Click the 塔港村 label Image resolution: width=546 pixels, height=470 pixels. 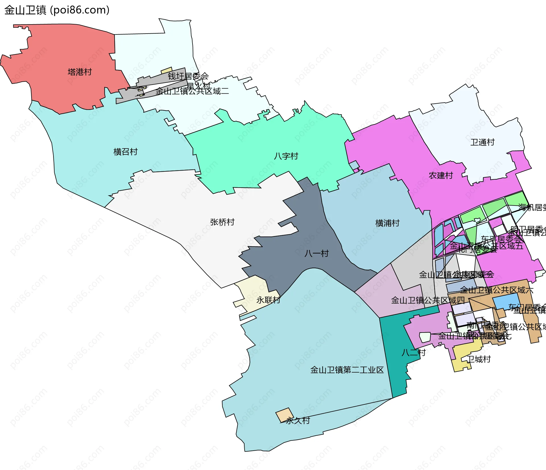coord(80,72)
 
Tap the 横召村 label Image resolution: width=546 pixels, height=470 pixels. coord(125,152)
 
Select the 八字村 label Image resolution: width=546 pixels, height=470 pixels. coord(286,156)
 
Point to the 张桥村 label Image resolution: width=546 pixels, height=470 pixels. coord(222,222)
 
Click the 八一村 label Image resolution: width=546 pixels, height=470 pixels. coord(317,253)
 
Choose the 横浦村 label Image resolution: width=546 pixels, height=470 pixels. coord(387,223)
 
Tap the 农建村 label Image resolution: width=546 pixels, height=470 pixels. coord(441,175)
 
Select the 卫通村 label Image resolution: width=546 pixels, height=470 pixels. coord(482,142)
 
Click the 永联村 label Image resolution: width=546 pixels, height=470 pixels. coord(268,300)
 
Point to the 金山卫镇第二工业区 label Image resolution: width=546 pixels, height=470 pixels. coord(347,370)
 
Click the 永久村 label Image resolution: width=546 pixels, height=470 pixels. coord(298,420)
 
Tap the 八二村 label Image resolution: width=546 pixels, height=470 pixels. coord(413,352)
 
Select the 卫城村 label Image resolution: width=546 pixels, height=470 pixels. coord(479,359)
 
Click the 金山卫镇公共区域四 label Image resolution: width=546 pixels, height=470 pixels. coord(428,300)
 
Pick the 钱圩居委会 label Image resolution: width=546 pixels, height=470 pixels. coord(188,76)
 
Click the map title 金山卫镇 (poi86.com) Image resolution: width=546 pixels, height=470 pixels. coord(57,10)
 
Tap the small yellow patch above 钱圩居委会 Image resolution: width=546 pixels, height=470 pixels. coord(167,70)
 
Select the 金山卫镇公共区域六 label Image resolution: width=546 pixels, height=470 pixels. coord(497,290)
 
